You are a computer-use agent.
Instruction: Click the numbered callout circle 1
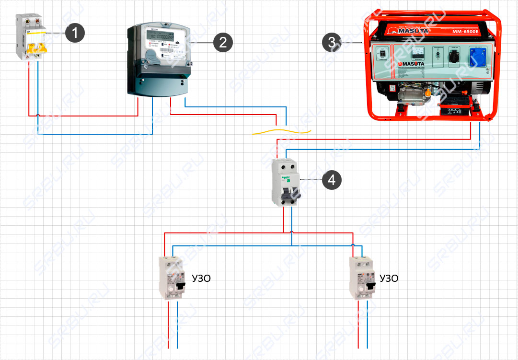point(75,33)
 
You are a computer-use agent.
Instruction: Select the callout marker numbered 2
point(223,43)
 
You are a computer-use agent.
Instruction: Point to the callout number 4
point(332,180)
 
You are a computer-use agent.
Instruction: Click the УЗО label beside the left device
point(201,279)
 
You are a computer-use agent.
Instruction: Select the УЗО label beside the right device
point(389,279)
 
